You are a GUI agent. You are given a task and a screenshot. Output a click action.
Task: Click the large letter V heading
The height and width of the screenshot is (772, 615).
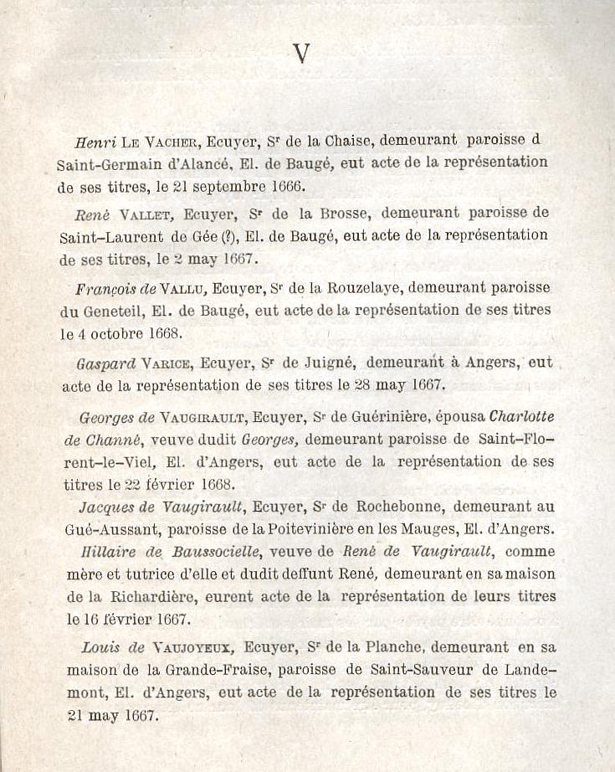click(302, 54)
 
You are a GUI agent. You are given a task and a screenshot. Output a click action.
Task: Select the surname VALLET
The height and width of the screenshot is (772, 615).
click(152, 214)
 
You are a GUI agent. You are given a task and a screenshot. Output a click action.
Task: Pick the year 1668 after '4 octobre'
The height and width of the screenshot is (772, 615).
click(162, 332)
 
